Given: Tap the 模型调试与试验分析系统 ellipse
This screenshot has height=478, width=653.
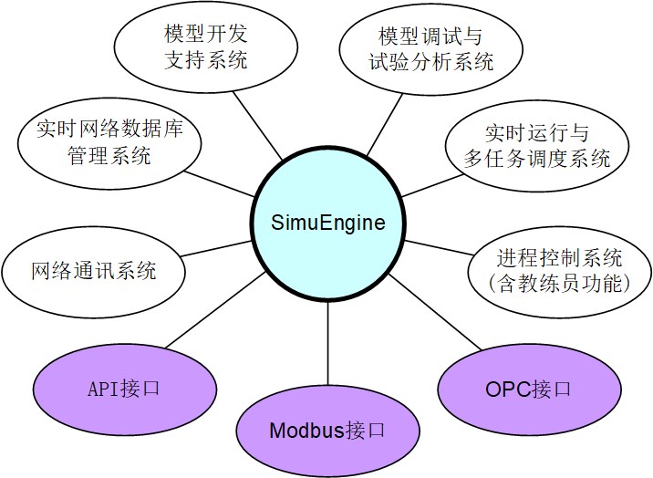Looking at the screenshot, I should pos(430,50).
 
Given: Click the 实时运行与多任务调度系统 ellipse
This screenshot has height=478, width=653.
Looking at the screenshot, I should pos(536,146).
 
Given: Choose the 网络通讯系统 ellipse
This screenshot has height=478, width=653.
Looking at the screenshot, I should pos(94,271).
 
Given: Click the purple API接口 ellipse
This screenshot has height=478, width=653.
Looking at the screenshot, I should pos(125,389).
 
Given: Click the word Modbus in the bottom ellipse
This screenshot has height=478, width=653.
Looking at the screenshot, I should pos(307,431).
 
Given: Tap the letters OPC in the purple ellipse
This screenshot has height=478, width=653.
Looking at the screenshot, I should pos(506,390).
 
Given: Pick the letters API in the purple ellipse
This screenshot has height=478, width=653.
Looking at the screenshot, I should pos(103,389).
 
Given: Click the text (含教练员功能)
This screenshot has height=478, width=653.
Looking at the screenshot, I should pos(559,284).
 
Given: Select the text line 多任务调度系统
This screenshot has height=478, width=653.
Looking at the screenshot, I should pos(536,158).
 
